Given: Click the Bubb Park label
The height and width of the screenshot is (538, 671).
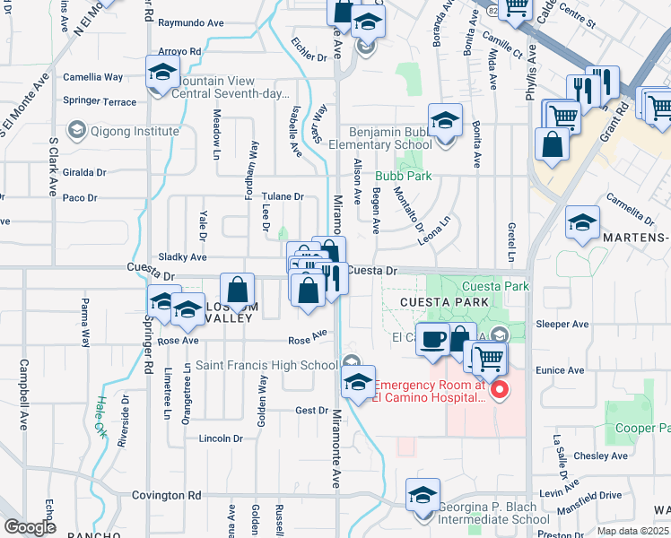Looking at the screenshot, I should (403, 176).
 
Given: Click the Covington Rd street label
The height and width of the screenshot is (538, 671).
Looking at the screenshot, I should (168, 495).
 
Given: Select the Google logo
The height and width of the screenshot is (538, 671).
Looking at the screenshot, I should (30, 527).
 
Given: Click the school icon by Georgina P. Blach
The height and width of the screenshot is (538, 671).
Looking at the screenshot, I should (423, 495).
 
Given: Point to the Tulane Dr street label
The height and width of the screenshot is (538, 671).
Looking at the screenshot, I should (283, 196).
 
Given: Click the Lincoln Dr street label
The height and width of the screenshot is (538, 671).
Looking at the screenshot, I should (221, 438).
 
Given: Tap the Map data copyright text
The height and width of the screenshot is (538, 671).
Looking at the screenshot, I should (632, 531).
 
